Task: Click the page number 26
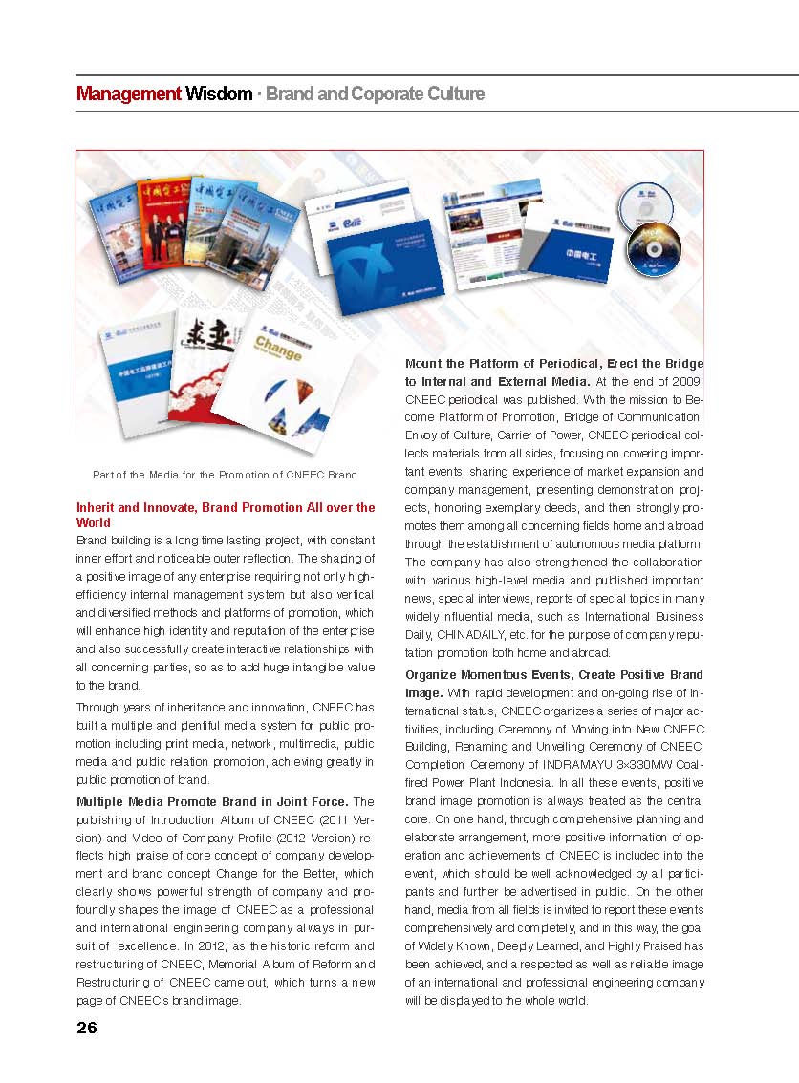coord(87,1028)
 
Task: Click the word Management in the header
coord(128,94)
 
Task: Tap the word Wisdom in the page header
coord(219,94)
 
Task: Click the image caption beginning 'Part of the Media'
coord(225,475)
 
